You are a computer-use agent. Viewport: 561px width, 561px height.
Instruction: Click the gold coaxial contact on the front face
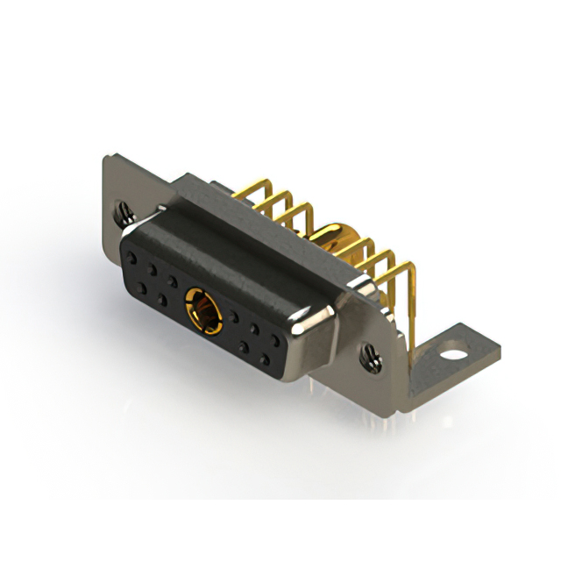pos(202,311)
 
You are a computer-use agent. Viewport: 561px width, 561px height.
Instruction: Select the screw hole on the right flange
pos(372,354)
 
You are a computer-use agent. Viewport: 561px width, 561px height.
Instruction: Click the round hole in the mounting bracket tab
pos(452,357)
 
